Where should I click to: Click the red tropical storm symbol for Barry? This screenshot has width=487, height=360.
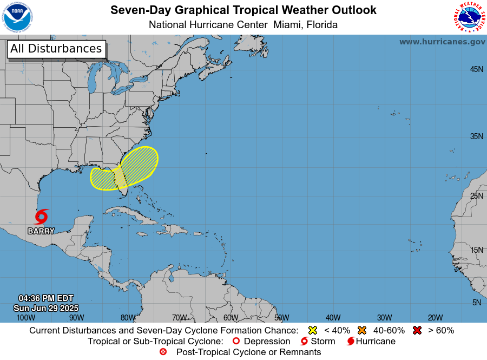tap(41, 217)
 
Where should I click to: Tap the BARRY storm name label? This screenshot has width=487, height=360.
tap(41, 231)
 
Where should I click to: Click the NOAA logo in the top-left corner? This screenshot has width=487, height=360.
tap(17, 17)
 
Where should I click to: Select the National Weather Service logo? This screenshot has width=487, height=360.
tap(468, 17)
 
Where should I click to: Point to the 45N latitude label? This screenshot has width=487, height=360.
tap(476, 69)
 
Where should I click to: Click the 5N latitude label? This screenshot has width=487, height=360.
tap(476, 302)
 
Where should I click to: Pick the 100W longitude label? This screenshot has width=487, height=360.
tap(25, 317)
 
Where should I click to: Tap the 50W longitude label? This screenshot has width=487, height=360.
tap(281, 317)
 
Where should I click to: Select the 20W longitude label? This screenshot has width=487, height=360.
tap(435, 317)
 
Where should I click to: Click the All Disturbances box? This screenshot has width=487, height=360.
tap(56, 49)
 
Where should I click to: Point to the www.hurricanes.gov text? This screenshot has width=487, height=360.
tap(442, 42)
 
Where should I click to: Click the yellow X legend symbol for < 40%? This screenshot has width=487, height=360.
tap(312, 330)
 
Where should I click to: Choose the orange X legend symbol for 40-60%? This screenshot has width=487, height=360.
tap(361, 330)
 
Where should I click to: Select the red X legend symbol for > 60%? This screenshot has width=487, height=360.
tap(417, 330)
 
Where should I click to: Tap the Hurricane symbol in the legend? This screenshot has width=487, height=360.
tap(351, 341)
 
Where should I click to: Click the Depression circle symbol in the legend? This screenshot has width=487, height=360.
tap(235, 341)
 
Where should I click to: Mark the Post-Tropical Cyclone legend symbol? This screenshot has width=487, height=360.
tap(163, 352)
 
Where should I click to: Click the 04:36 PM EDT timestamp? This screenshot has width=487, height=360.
tap(46, 298)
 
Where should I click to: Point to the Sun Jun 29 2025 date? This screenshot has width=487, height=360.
tap(46, 307)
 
